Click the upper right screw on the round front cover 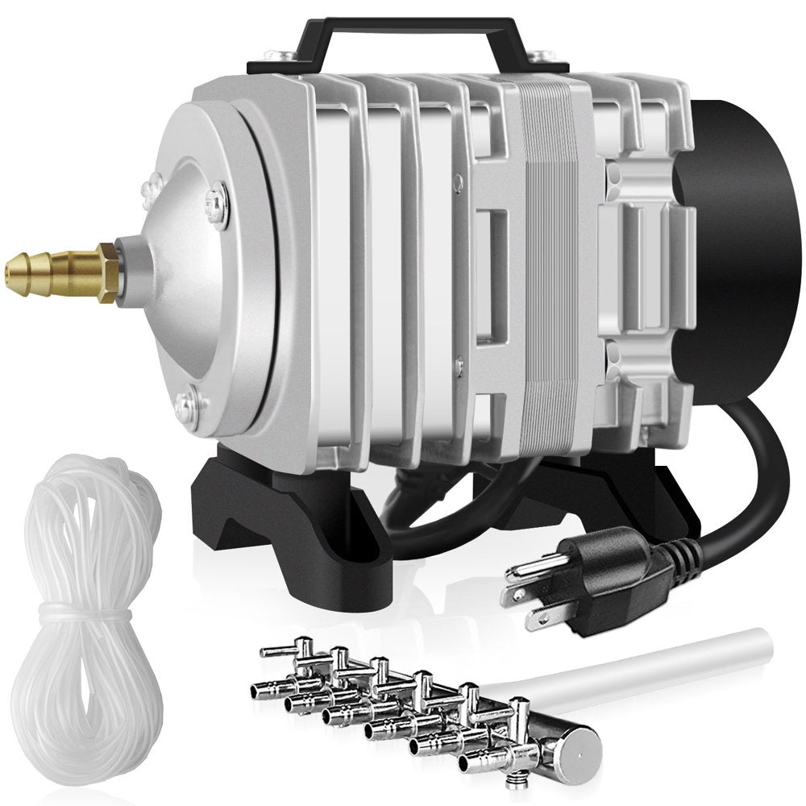(x=216, y=197)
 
